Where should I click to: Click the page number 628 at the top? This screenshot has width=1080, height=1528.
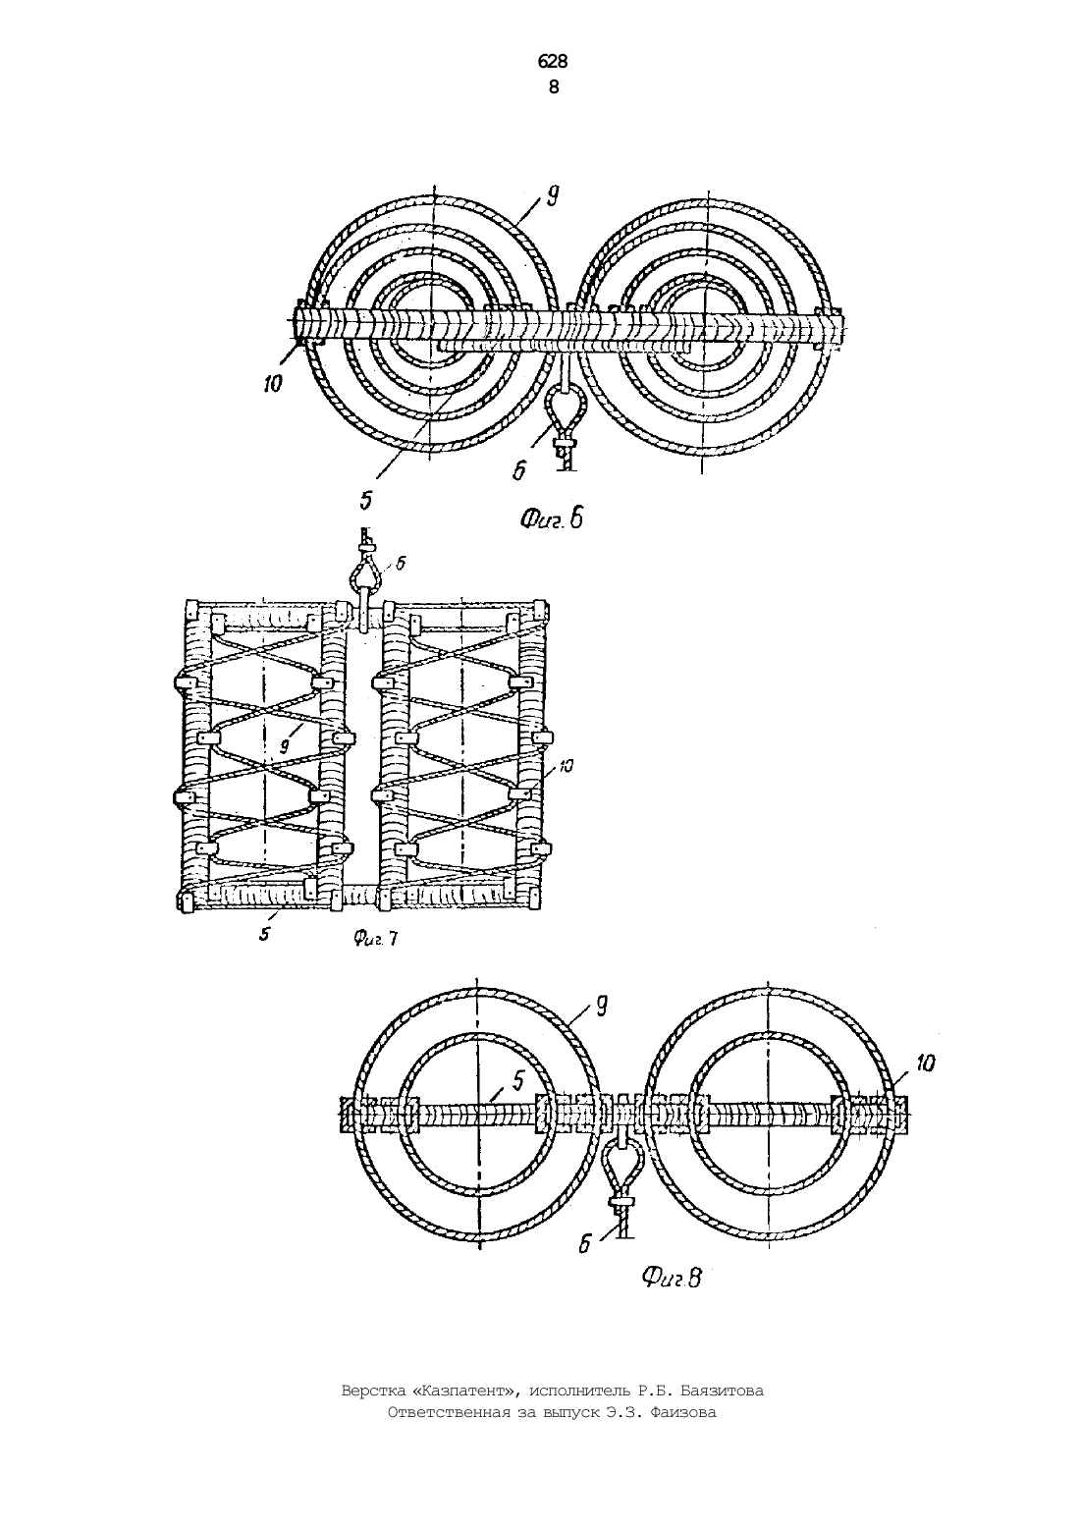(x=552, y=62)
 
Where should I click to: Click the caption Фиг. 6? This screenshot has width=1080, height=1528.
(x=552, y=519)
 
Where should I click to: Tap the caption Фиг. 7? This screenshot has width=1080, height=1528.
(x=376, y=940)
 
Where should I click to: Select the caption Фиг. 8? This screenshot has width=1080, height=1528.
(x=673, y=1277)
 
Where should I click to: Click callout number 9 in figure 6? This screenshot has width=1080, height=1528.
(x=552, y=197)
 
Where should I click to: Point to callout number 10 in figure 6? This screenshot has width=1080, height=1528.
(x=272, y=385)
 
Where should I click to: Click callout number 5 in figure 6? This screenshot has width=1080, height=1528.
(x=366, y=501)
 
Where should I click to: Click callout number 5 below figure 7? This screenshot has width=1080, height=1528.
(x=264, y=934)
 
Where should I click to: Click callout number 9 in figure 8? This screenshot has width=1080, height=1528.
(x=601, y=1007)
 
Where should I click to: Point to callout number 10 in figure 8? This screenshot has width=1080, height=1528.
(x=925, y=1064)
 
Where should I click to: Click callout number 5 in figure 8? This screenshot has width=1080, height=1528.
(x=518, y=1080)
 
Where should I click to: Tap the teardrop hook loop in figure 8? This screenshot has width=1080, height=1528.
(x=621, y=1172)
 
